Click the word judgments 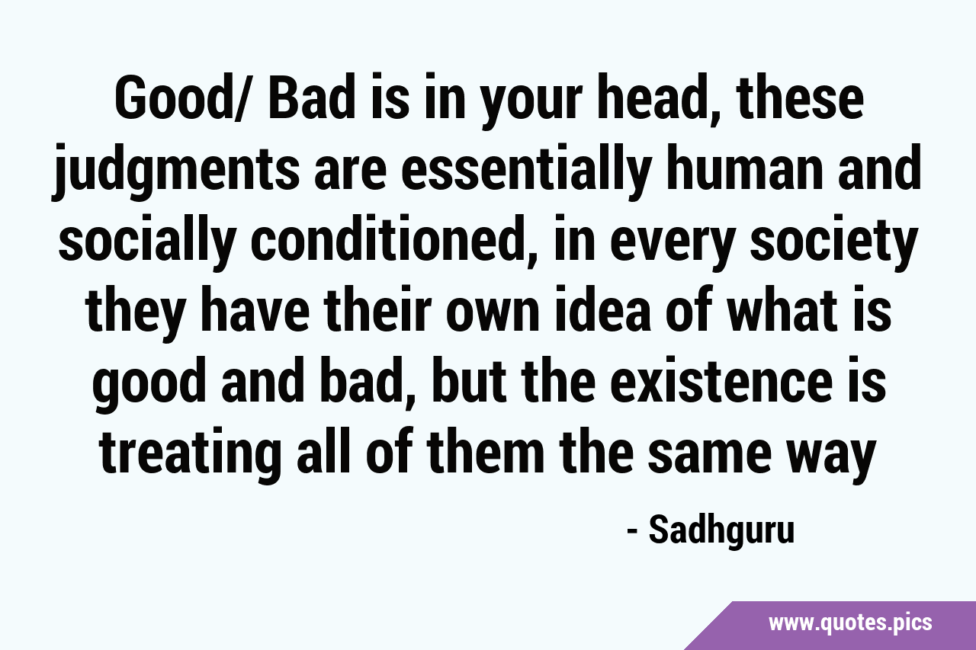[175, 172]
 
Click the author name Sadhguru [722, 531]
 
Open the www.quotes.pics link [850, 623]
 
